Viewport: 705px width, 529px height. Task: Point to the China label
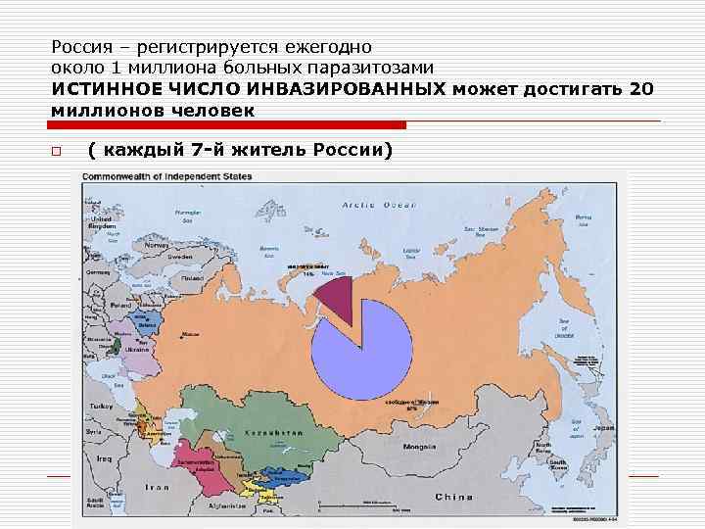click(x=453, y=496)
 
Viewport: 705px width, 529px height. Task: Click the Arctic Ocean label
click(x=380, y=206)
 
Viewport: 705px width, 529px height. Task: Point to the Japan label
click(x=604, y=428)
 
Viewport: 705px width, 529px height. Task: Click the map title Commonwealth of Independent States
click(x=167, y=176)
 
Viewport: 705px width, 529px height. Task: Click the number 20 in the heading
click(x=642, y=89)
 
